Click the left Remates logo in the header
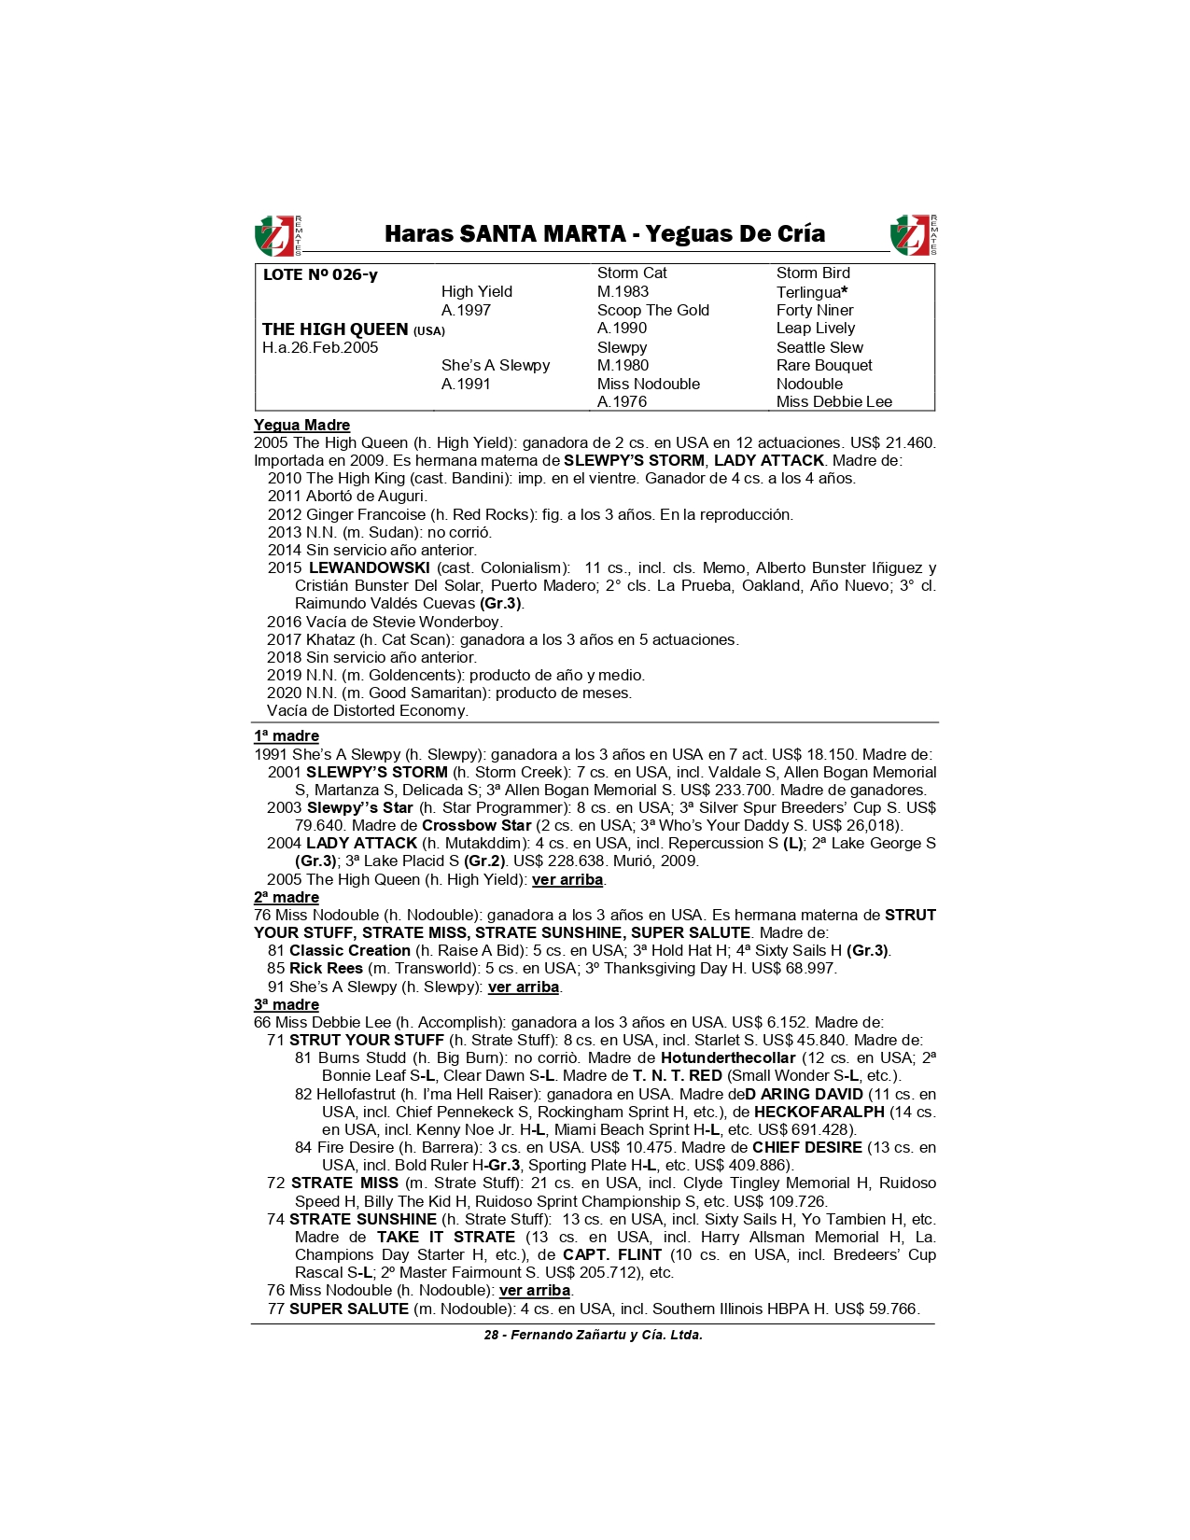[x=277, y=235]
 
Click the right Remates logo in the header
[x=913, y=235]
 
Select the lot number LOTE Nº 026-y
[x=320, y=274]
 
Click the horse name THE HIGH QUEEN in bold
[x=335, y=329]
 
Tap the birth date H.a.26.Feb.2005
[x=320, y=348]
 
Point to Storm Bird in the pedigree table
[x=813, y=273]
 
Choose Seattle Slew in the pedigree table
[x=819, y=347]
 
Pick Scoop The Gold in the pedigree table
[x=652, y=310]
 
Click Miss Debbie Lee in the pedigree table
[x=833, y=402]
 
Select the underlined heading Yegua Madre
[x=301, y=426]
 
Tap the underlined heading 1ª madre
[x=287, y=736]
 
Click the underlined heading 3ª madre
[x=287, y=1005]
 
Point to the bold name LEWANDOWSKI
[x=369, y=568]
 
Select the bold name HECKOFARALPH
[x=819, y=1113]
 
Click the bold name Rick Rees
[x=326, y=969]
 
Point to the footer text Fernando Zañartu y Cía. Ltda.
[x=606, y=1336]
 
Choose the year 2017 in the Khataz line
[x=284, y=640]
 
